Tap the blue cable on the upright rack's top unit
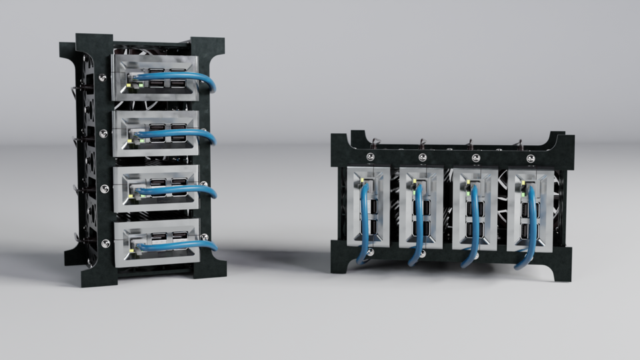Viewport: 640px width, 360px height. pos(187,77)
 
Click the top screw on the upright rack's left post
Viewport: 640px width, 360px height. pos(102,78)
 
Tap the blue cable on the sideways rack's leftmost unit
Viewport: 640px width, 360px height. pos(365,227)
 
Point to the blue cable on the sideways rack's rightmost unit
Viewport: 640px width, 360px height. pos(531,227)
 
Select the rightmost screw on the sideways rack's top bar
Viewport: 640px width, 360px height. pos(531,159)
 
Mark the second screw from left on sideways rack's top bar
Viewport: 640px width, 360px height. pos(423,158)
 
